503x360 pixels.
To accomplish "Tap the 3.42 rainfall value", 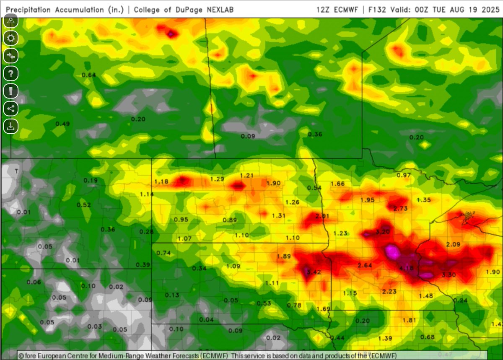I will (314, 272).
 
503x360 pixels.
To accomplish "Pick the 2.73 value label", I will (401, 209).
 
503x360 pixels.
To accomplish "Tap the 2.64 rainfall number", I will (365, 265).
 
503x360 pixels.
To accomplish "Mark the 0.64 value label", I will (88, 75).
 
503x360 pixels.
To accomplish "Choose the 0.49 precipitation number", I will (62, 124).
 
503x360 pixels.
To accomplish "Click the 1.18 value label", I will (161, 181).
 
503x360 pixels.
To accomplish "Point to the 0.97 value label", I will (404, 174).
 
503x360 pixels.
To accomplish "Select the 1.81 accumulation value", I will (409, 320).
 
